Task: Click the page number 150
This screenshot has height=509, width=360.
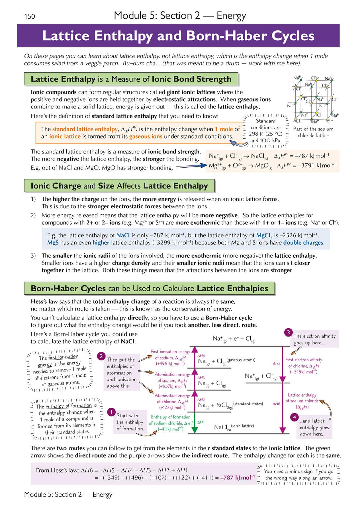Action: point(30,16)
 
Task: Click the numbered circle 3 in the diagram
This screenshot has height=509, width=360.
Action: point(288,332)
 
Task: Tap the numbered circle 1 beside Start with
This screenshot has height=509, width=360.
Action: point(111,412)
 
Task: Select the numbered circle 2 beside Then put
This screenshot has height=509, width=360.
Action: point(101,356)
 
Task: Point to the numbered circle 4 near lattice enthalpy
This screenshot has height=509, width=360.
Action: point(294,417)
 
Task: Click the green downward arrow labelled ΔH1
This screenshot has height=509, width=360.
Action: point(194,423)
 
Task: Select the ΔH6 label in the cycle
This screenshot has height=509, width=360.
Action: point(276,404)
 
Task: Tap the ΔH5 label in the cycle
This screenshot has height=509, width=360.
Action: point(276,363)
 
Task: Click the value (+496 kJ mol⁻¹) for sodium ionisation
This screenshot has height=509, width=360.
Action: point(170,364)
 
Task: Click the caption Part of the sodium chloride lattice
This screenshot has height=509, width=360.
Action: point(313,132)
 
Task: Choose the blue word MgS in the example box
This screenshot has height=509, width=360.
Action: point(53,243)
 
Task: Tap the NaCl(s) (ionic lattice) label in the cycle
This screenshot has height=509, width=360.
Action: point(234,427)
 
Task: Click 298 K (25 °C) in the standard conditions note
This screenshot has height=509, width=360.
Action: point(265,134)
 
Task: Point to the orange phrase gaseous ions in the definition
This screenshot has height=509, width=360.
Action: point(146,136)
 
